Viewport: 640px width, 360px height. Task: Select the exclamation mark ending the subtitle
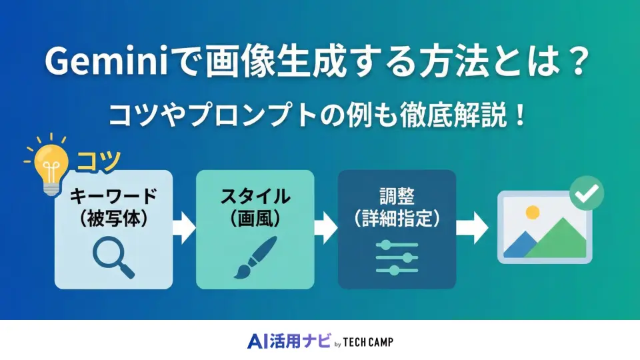click(520, 114)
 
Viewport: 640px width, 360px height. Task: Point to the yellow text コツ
click(99, 161)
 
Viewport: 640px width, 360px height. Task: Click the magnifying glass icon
click(113, 257)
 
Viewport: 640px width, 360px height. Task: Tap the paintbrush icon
click(255, 257)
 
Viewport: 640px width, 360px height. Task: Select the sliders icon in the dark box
click(397, 257)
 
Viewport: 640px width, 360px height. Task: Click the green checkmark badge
click(587, 193)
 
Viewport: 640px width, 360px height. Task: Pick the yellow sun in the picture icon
click(531, 213)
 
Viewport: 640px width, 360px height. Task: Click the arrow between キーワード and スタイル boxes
click(184, 229)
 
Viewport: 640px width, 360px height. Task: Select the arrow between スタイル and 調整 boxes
click(326, 229)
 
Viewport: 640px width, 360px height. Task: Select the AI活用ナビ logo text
click(288, 341)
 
